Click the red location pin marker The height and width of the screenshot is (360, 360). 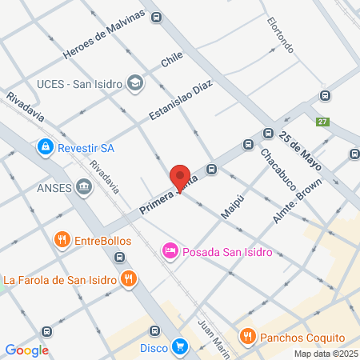[x=180, y=176]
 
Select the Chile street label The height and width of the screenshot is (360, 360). [x=172, y=58]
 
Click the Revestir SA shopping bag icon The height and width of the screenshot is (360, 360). [x=45, y=147]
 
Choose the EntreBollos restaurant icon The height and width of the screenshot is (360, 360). [x=62, y=239]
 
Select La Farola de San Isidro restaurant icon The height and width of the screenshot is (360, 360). [x=128, y=279]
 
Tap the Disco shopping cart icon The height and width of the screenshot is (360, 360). [x=180, y=347]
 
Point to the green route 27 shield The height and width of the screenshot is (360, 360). [x=322, y=122]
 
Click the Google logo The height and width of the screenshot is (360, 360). [x=27, y=350]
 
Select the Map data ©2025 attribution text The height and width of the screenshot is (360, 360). [x=326, y=354]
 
